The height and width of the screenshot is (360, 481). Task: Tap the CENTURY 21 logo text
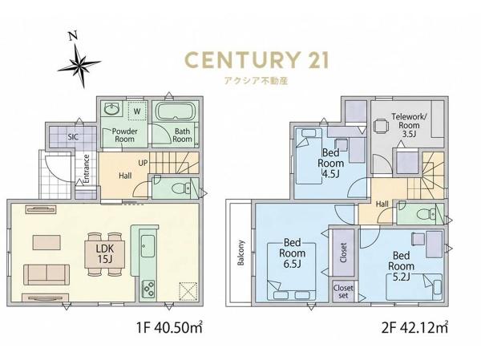click(x=257, y=60)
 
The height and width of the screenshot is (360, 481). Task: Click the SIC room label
click(x=73, y=137)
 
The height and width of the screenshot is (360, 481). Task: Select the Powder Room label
click(x=124, y=135)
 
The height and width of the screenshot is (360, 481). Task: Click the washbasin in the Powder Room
click(x=112, y=108)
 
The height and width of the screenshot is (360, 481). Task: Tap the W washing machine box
click(x=137, y=111)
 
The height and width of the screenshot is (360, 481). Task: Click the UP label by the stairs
click(x=143, y=163)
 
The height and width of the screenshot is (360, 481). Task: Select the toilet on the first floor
click(x=181, y=188)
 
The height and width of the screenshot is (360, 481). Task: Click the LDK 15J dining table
click(x=105, y=254)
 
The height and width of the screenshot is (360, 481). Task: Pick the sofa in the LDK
click(x=46, y=274)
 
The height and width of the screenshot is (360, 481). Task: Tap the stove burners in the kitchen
click(x=148, y=289)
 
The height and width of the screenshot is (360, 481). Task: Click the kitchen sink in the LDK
click(x=148, y=246)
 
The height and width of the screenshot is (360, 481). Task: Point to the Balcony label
click(x=240, y=253)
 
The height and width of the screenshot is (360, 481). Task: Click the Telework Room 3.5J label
click(x=409, y=125)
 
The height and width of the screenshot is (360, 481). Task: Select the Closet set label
click(x=343, y=292)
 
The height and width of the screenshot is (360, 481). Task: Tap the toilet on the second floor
click(x=426, y=212)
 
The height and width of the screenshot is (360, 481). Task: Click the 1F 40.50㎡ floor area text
click(x=170, y=328)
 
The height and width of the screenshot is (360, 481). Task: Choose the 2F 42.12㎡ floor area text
click(x=414, y=328)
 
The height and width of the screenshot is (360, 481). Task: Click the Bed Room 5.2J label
click(x=402, y=265)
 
